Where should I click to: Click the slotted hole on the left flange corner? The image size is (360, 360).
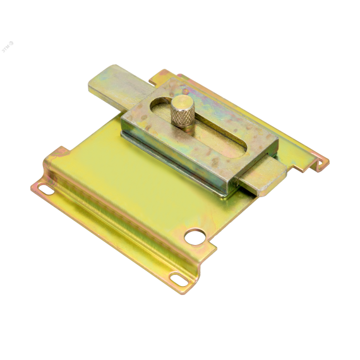(45, 188)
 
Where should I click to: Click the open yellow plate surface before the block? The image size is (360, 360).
(126, 164)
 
